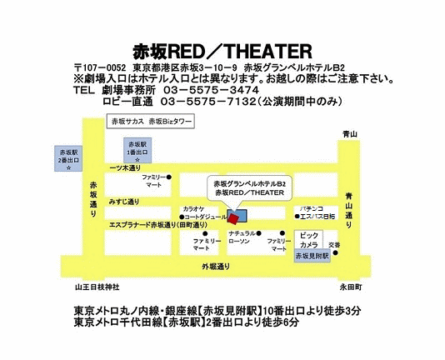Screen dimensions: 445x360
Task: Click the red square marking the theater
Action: (233, 219)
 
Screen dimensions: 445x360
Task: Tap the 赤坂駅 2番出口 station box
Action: (68, 158)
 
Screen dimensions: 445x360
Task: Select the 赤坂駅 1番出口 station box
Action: (137, 150)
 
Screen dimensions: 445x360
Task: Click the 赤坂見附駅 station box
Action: (312, 256)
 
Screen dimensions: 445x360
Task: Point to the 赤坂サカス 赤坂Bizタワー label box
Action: (150, 122)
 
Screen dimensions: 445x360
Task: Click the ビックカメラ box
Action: (309, 240)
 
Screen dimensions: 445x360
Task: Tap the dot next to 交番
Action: (336, 252)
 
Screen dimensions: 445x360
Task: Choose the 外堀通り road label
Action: (216, 267)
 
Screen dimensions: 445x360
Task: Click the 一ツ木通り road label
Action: (125, 168)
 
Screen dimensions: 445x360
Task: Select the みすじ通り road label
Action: (124, 202)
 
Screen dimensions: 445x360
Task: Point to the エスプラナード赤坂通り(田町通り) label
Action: (158, 225)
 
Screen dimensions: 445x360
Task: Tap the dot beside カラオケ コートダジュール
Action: (182, 217)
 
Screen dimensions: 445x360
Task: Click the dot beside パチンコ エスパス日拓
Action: (297, 217)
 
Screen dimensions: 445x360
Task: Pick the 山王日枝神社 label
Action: (97, 287)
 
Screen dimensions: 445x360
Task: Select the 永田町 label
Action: (351, 287)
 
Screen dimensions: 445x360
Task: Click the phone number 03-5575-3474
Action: (211, 90)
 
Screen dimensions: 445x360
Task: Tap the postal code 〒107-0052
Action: (100, 68)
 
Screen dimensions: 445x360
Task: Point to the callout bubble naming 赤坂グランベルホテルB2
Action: (249, 188)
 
